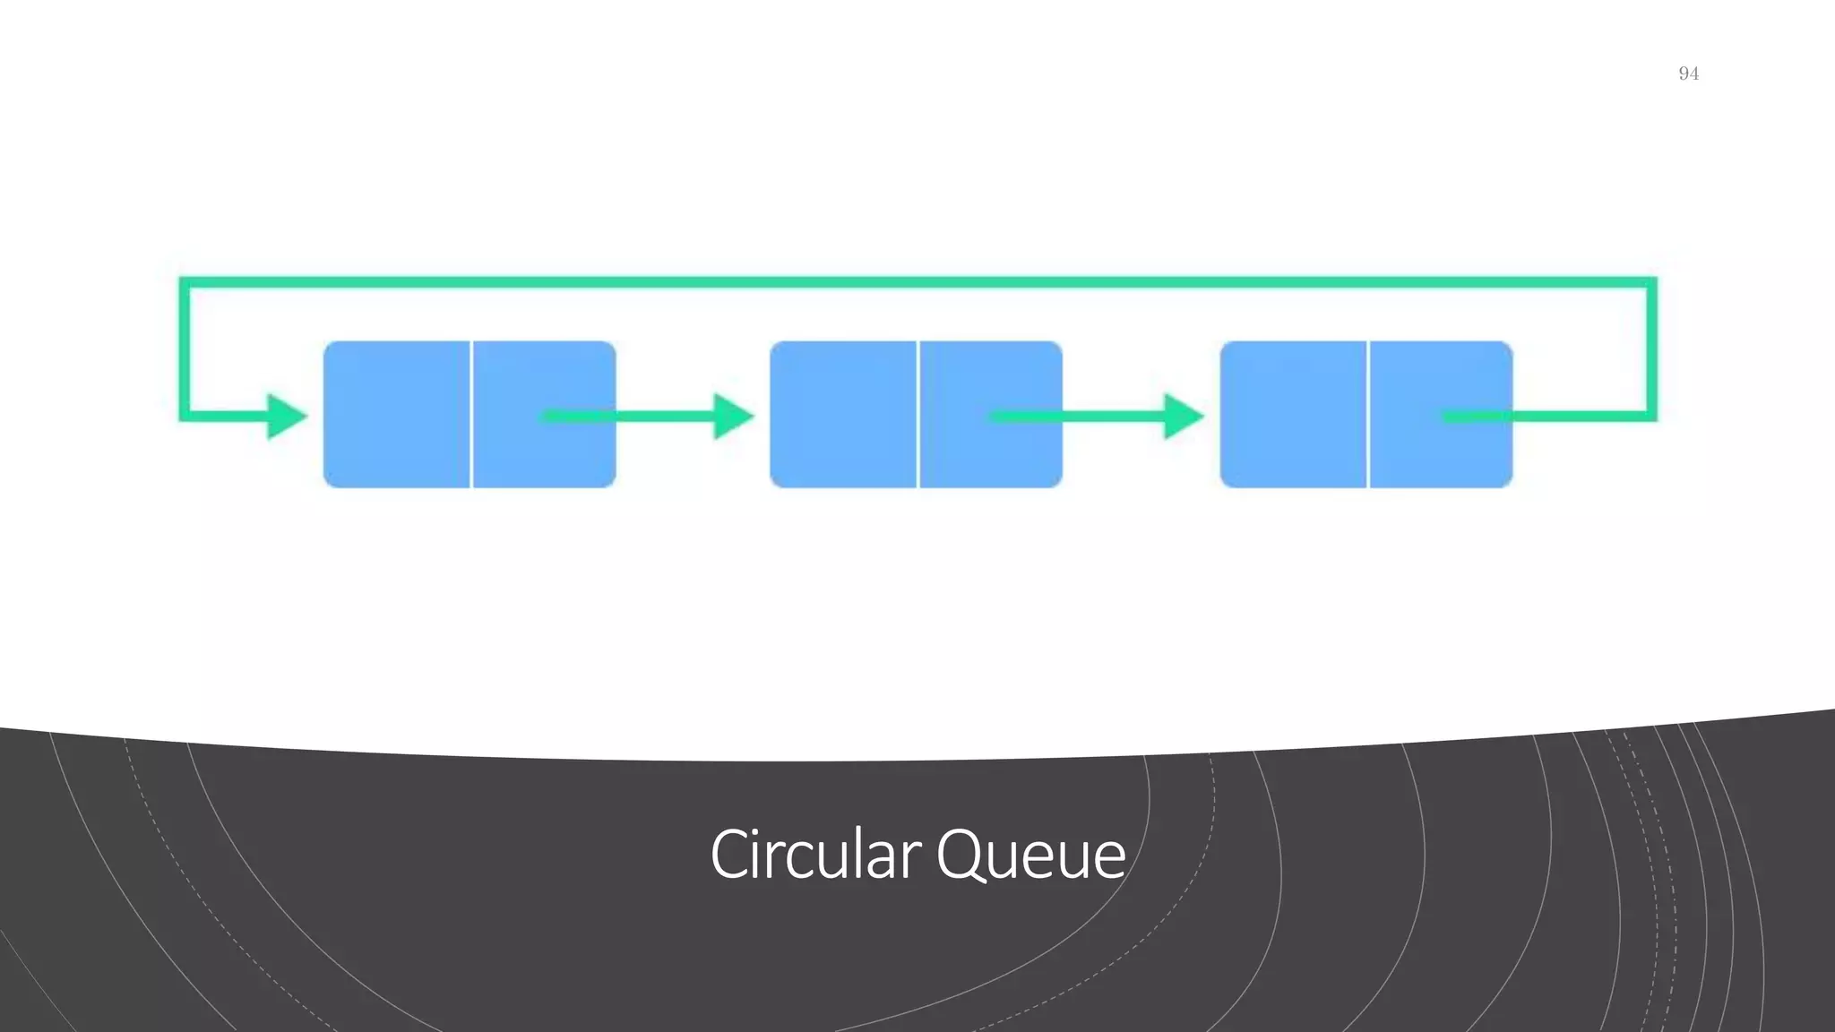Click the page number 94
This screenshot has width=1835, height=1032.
pos(1688,73)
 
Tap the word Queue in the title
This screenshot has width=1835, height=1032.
pos(1030,855)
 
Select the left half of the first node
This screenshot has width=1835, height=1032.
pos(396,414)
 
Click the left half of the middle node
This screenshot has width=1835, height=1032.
pos(843,414)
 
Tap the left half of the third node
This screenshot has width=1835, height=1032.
pos(1293,414)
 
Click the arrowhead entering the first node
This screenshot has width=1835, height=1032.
pos(286,417)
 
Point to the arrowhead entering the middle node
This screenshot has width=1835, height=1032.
pos(732,417)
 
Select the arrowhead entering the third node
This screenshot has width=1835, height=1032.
pos(1182,417)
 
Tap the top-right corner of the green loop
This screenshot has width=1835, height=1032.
pos(1650,283)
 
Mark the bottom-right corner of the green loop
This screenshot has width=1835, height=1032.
pos(1650,416)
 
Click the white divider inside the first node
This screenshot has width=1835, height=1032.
pos(470,414)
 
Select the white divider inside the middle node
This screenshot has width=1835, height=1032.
pos(917,414)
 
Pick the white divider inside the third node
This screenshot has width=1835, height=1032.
pos(1367,414)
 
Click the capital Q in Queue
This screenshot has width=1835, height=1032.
pos(960,855)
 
